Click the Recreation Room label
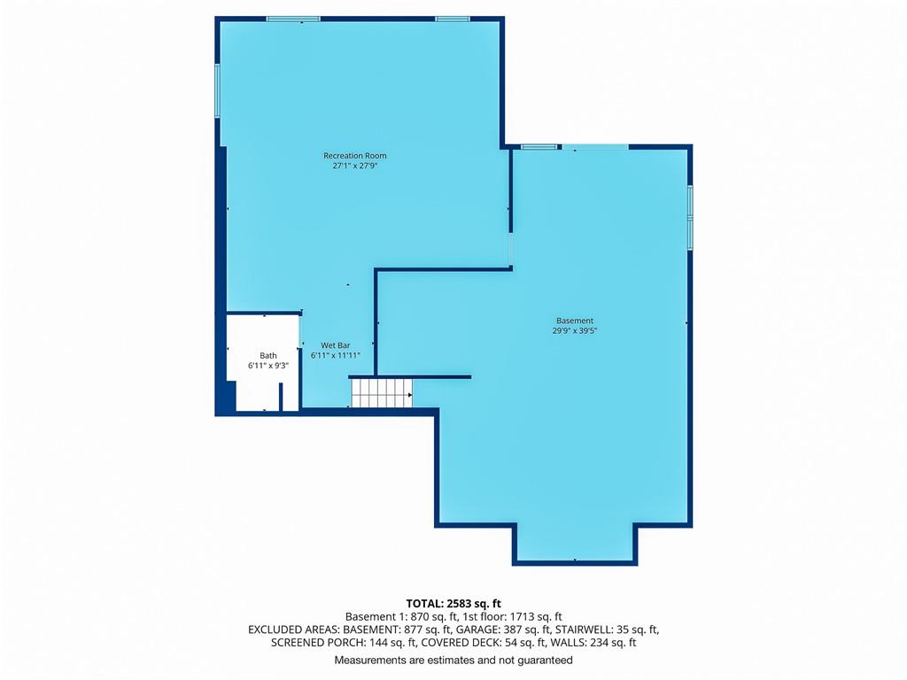point(354,156)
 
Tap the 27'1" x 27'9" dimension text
point(354,166)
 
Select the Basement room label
point(574,321)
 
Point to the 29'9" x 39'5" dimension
point(574,331)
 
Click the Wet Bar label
point(336,345)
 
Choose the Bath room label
point(267,356)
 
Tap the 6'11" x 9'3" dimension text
point(267,366)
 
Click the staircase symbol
point(382,392)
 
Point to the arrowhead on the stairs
point(410,396)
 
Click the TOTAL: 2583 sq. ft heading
point(453,604)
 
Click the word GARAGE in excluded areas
point(476,630)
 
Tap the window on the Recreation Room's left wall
point(218,90)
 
